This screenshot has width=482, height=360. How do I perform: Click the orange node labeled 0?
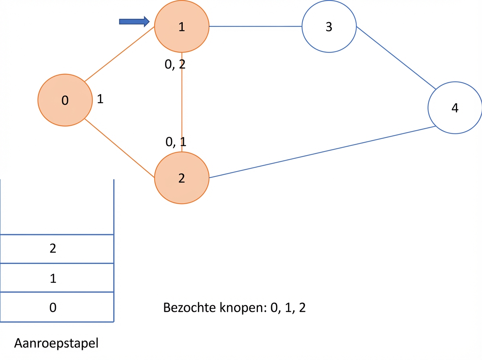coord(65,100)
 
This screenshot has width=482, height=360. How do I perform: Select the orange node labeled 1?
coord(182,27)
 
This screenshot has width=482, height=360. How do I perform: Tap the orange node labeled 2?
coord(182,178)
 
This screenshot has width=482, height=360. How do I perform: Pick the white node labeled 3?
coord(329,27)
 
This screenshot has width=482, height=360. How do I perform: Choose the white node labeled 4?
coord(455,108)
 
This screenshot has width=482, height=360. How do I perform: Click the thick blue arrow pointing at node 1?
coord(135,22)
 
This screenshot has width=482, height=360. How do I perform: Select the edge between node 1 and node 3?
coord(255,27)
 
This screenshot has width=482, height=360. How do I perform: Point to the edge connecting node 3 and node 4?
coord(396,58)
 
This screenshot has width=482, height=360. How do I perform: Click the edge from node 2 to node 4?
coord(323,152)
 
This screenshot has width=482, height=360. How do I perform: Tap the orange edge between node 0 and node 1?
coord(119,54)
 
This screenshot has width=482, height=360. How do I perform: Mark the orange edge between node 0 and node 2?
coord(119,148)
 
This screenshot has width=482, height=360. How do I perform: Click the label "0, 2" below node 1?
coord(175,64)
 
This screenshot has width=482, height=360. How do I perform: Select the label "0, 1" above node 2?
coord(176,142)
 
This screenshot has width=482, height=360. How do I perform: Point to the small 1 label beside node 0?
coord(100,99)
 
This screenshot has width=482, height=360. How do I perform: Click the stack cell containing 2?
coord(57,249)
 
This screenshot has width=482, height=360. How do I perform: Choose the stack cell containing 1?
coord(57,278)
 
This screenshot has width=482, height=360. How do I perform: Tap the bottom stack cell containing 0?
coord(57,307)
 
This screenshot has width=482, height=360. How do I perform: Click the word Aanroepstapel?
coord(56,343)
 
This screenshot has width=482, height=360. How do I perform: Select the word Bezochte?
coord(190,307)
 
